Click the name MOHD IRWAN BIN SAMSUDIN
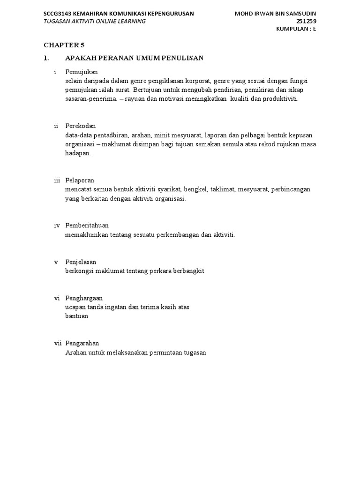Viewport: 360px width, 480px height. (x=278, y=13)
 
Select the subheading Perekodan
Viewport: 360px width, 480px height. (x=81, y=126)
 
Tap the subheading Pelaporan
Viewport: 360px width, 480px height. (x=80, y=180)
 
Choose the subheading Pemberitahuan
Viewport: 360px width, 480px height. (x=87, y=225)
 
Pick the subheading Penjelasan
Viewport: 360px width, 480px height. (x=81, y=262)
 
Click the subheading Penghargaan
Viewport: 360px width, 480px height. (x=84, y=298)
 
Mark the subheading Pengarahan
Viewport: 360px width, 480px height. (x=82, y=344)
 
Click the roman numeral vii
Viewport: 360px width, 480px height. (x=58, y=344)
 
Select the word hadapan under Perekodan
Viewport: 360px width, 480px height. (x=77, y=153)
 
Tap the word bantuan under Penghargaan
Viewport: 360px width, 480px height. (x=76, y=316)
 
